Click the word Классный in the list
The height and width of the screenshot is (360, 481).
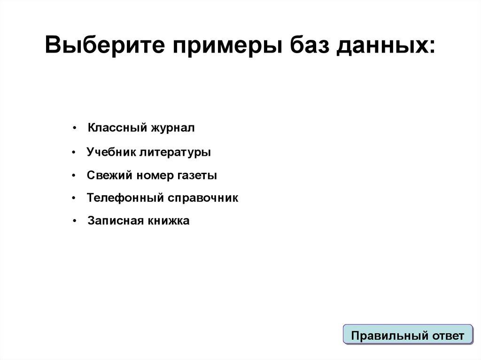[117, 128]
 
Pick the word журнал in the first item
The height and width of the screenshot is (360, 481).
[172, 128]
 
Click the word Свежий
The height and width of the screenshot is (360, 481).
[109, 175]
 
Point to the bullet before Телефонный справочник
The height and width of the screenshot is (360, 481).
[74, 199]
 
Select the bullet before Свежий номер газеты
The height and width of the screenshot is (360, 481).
[74, 176]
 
